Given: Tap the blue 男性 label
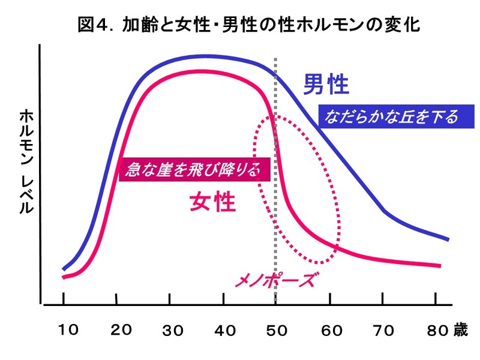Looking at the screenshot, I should [x=326, y=85].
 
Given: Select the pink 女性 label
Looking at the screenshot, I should [x=212, y=202].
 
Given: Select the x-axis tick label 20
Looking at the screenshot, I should [x=122, y=329].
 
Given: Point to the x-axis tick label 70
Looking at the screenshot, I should [x=382, y=329].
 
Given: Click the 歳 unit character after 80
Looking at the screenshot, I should [x=460, y=329].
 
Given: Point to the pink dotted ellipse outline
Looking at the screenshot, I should [x=254, y=150].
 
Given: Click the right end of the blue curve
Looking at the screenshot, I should [x=448, y=239].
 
